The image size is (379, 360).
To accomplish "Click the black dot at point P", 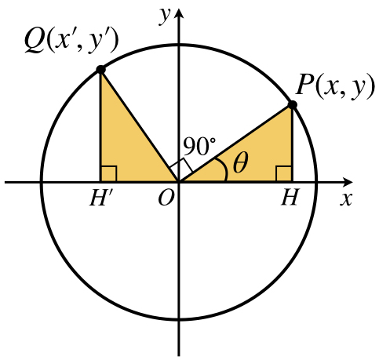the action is [x=292, y=104].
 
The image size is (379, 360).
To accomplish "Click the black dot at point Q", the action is [x=100, y=70].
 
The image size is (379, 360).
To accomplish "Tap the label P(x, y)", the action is [x=335, y=85].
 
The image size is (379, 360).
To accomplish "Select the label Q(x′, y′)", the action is [x=71, y=42].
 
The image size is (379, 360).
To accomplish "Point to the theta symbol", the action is [x=240, y=162].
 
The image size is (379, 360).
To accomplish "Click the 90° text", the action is [x=199, y=146].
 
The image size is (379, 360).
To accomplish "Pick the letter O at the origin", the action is [x=166, y=198].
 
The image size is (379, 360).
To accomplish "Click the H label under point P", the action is [x=290, y=198].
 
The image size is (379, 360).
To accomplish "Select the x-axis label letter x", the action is [x=346, y=199].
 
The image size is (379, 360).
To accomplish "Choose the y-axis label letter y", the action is [x=165, y=16].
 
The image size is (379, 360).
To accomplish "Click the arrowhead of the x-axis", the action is [x=348, y=182].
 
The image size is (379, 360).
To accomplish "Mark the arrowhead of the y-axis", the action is [x=179, y=13].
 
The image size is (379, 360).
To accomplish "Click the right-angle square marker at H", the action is [x=284, y=173].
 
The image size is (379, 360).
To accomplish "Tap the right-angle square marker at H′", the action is [x=108, y=173].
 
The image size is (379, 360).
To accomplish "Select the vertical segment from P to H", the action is [x=292, y=144].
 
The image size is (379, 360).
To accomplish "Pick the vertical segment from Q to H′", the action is [x=100, y=125].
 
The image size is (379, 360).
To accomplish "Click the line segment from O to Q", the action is [x=140, y=125].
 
